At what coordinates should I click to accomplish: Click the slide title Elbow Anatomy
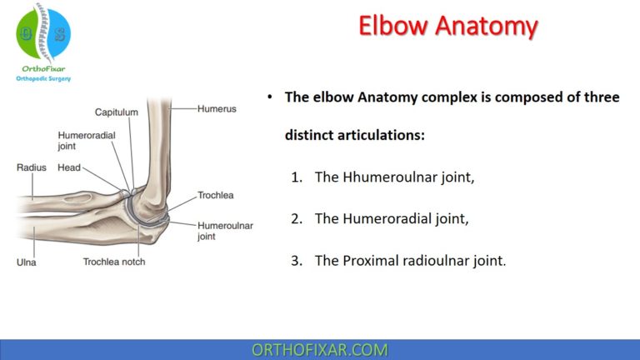(447, 26)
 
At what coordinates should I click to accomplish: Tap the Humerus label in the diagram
(217, 107)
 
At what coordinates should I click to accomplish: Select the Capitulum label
(115, 112)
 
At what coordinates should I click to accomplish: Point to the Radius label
(32, 167)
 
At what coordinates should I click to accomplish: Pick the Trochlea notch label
(114, 262)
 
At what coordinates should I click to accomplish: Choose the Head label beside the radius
(69, 167)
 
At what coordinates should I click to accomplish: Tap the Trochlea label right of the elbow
(216, 196)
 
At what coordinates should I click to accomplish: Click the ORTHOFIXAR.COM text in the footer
(320, 349)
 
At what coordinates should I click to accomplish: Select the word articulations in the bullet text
(379, 134)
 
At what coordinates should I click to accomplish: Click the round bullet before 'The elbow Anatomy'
(270, 97)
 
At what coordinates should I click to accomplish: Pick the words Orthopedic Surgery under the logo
(44, 79)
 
